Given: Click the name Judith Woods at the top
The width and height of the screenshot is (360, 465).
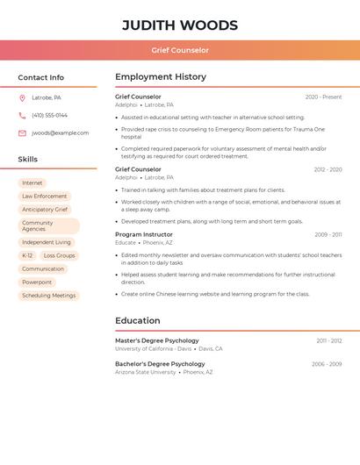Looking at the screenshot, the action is coord(179,25).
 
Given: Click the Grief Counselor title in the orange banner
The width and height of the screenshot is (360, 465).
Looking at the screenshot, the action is coord(179,51).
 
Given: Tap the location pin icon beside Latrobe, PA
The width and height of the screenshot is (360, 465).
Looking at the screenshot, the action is coord(22,98).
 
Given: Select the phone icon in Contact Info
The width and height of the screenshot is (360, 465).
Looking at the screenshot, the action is coord(22,116).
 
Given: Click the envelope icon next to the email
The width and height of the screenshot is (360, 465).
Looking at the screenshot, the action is coord(22,133).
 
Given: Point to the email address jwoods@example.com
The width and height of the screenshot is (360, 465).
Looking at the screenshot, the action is coord(60,133).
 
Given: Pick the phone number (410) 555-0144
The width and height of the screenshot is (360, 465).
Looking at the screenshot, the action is coord(49,116).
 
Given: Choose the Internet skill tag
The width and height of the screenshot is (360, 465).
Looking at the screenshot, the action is coord(32,182).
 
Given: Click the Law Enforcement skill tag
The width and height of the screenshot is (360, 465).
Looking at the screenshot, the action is coord(45,197).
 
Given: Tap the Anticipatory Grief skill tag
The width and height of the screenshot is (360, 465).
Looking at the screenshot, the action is coord(45,210).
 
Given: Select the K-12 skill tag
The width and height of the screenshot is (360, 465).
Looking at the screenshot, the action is coord(27,255).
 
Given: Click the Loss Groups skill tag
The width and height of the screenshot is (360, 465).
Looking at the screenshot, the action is coord(59,255).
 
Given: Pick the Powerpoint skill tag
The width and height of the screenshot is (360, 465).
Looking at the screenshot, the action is coord(37,283).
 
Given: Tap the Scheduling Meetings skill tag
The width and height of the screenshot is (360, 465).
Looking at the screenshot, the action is coord(49,296).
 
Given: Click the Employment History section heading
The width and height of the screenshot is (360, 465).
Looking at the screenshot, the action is coord(161,77).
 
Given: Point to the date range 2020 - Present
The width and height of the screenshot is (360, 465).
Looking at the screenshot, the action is coord(323,97).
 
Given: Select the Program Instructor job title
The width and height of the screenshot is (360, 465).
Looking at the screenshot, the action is coord(144,234).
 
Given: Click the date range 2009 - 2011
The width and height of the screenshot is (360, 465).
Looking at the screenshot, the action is coord(328,235).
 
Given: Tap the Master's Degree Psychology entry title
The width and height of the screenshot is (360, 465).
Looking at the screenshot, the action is coord(157,340).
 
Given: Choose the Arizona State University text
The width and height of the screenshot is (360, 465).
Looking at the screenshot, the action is coord(145,372).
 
